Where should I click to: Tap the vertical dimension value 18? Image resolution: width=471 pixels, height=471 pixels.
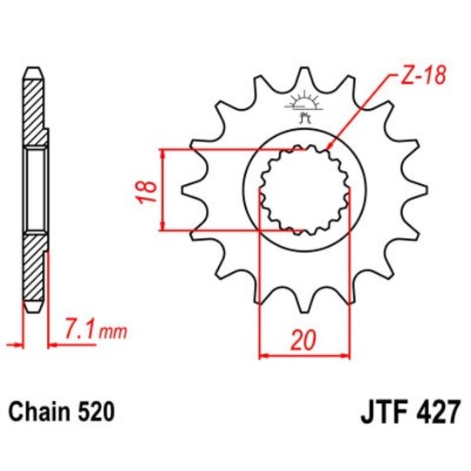click(x=147, y=188)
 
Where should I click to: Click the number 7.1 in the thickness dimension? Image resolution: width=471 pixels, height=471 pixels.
click(x=79, y=330)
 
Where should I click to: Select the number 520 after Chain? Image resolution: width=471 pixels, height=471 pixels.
click(x=93, y=410)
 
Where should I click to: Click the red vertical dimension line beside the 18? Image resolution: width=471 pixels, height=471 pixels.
click(x=162, y=189)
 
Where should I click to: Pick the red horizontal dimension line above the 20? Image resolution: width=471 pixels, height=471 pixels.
click(x=303, y=355)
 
